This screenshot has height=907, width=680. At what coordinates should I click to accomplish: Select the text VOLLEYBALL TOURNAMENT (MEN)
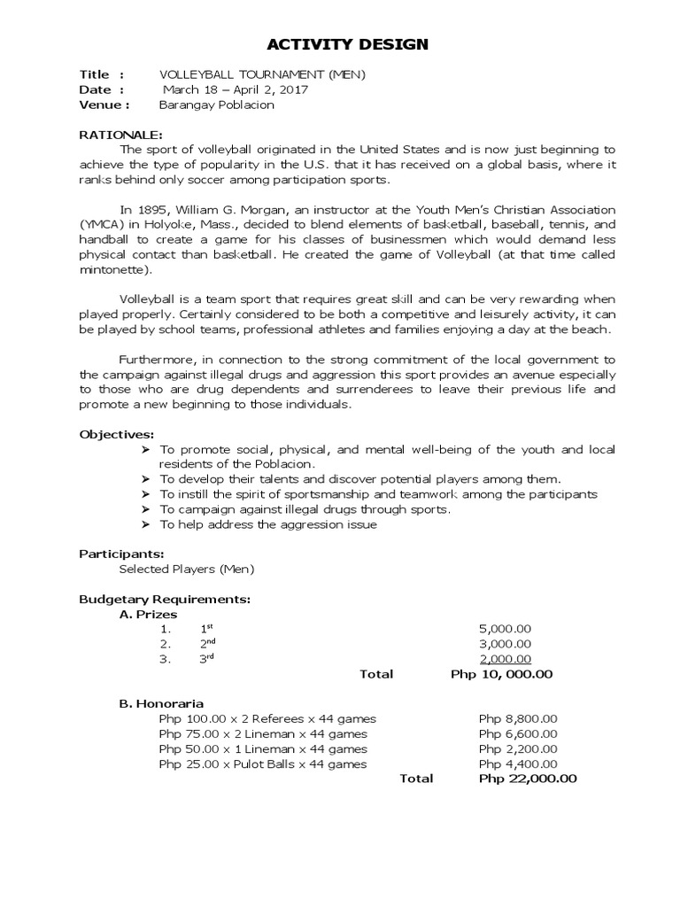(250, 74)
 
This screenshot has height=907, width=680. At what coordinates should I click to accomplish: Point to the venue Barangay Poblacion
(216, 105)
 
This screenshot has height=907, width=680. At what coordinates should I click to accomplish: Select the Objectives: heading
(117, 434)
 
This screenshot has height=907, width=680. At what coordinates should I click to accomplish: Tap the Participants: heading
(122, 554)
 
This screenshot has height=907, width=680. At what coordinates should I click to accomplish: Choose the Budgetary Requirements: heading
(166, 599)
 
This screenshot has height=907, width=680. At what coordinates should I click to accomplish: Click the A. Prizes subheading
(148, 614)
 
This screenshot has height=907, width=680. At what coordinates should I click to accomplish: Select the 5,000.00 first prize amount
(505, 629)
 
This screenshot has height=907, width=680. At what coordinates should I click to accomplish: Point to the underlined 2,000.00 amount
(505, 658)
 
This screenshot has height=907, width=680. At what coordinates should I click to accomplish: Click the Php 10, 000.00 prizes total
(501, 674)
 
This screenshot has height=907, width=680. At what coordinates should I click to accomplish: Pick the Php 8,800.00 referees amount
(518, 718)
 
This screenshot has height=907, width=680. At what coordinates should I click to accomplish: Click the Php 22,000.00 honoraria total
(527, 779)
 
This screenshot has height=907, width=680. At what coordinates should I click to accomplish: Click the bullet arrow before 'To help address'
(146, 524)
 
